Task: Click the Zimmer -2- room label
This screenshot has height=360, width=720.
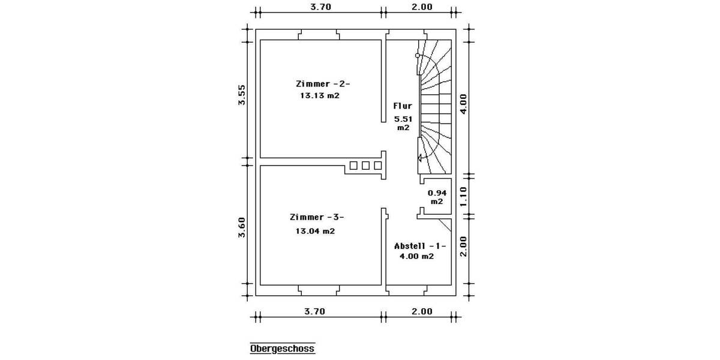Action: click(322, 83)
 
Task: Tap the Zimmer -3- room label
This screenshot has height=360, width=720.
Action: click(316, 217)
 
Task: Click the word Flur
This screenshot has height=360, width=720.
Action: click(402, 106)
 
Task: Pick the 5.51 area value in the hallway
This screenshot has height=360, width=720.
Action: click(403, 119)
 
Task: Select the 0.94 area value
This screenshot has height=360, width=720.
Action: click(437, 193)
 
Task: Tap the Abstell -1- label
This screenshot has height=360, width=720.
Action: click(420, 245)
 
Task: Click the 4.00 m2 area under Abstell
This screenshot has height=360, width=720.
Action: click(416, 256)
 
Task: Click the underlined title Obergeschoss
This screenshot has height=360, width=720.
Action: click(282, 349)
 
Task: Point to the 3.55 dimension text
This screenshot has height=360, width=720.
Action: click(241, 95)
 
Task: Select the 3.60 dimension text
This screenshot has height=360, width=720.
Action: click(241, 227)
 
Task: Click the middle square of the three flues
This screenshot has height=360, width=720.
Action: click(365, 165)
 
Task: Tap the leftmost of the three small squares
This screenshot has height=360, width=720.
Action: click(353, 165)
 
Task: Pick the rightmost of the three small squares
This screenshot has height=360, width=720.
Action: click(377, 165)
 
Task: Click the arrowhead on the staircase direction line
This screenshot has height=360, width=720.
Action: click(421, 158)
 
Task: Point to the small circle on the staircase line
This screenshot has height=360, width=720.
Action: click(418, 55)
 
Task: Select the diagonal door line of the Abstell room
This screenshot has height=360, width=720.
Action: click(445, 226)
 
